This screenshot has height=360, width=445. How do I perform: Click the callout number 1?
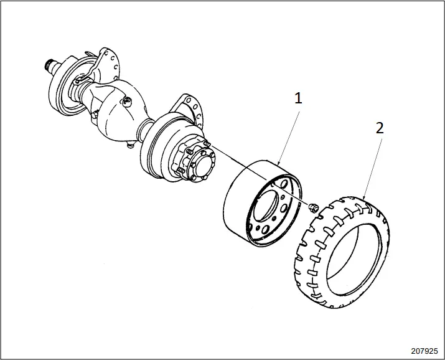point(298,98)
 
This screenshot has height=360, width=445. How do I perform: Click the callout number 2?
point(380,128)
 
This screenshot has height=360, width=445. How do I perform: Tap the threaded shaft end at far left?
point(48,63)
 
